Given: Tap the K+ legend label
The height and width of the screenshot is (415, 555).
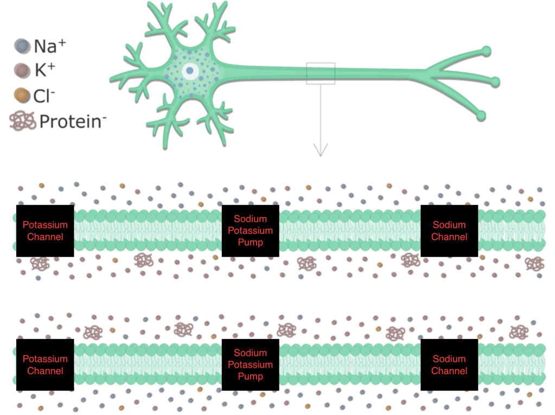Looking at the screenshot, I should (44, 71).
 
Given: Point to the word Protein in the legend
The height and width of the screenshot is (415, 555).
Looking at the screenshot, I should (69, 122).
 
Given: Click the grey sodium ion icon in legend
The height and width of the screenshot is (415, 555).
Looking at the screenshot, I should (23, 46).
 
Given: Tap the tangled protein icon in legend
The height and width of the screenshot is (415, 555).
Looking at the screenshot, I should (23, 121).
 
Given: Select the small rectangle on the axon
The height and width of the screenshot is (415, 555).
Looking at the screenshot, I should (321, 73).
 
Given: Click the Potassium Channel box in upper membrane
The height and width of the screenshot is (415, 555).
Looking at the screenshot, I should (45, 231).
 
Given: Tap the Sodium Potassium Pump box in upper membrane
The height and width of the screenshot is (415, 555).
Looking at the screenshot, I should (250, 231).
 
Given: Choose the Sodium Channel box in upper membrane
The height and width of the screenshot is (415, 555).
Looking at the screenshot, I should (449, 231).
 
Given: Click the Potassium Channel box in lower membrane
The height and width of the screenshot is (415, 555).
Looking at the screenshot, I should (45, 365).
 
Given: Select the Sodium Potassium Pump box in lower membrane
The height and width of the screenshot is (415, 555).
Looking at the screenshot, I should (250, 365).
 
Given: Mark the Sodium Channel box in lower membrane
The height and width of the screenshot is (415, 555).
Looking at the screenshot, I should (449, 365).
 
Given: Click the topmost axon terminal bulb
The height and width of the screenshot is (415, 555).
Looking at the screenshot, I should (487, 52).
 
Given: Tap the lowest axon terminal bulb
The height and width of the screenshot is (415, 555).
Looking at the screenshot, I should (481, 116).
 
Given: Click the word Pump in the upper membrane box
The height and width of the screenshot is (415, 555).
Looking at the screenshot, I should (250, 242).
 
